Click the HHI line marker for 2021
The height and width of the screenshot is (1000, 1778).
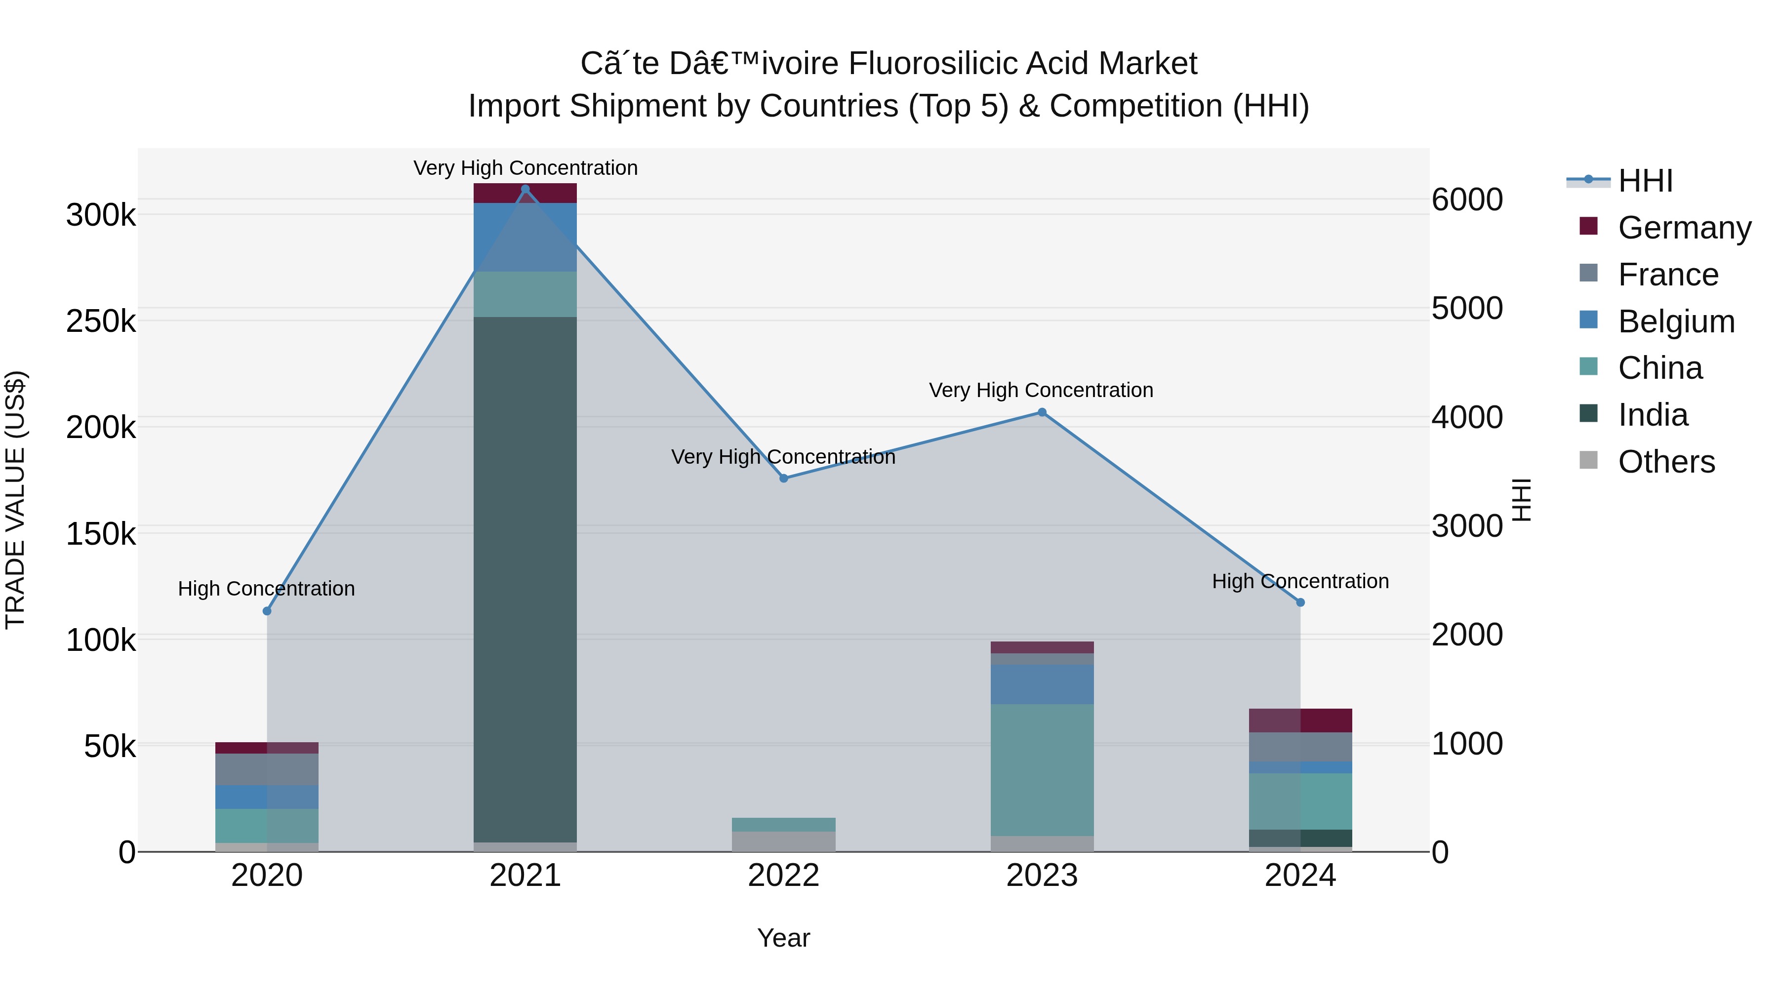(525, 189)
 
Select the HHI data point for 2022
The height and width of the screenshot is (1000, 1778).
(783, 478)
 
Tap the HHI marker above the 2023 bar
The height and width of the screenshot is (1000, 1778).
(1042, 413)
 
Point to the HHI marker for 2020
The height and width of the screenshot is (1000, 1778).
(267, 611)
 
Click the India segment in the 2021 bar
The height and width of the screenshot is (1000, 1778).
(525, 580)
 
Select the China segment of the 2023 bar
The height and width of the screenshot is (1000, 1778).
(1042, 769)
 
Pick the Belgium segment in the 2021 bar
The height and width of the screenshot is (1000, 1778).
(525, 238)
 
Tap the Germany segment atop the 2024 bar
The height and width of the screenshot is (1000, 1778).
(1300, 720)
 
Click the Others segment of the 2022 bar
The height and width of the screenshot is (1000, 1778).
(783, 841)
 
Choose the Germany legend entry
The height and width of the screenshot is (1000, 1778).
(1684, 228)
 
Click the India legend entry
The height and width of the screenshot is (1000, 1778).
(1653, 415)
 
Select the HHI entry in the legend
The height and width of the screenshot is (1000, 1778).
(1645, 181)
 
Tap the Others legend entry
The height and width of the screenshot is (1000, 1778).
(1665, 462)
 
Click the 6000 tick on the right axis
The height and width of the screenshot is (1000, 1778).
(1467, 200)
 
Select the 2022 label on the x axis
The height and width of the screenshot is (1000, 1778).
(783, 876)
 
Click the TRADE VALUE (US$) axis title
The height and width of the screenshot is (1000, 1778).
(16, 500)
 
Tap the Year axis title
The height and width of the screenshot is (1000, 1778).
(783, 938)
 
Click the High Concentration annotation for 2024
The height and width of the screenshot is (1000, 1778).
(1300, 581)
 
